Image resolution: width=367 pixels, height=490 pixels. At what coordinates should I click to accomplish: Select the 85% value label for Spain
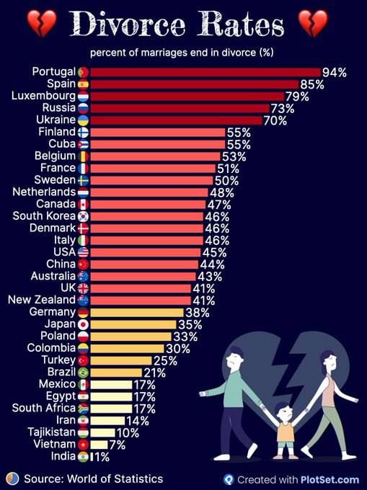coord(312,84)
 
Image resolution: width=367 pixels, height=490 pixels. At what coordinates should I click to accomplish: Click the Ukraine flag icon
coord(83,120)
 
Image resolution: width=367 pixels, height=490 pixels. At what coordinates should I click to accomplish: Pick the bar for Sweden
coord(151,180)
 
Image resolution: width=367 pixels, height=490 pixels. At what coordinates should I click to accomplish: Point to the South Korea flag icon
coord(83,216)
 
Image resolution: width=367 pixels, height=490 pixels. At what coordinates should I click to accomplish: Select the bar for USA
coord(145,252)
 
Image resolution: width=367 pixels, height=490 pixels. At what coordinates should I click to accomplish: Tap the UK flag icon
coord(83,288)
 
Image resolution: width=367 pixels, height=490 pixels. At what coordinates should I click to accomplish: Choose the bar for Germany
coord(136,312)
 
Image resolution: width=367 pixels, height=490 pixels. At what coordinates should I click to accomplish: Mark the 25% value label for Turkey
coord(164,360)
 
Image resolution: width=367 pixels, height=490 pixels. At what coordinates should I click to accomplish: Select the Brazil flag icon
coord(83,372)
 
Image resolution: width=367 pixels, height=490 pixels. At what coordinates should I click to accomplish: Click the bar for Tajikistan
coord(102,432)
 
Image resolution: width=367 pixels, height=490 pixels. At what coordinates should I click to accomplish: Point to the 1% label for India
coord(101,456)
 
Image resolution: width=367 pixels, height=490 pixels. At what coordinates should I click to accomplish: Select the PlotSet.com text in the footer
coord(335,479)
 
